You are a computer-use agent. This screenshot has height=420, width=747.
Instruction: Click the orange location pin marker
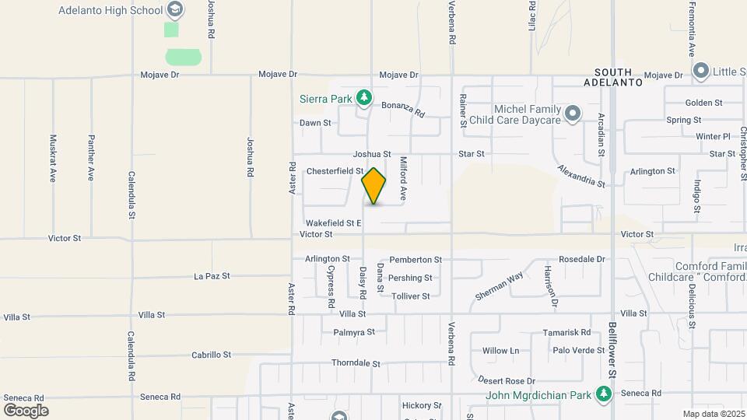[x=373, y=186]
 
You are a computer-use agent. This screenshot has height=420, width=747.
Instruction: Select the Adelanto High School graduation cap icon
[x=175, y=10]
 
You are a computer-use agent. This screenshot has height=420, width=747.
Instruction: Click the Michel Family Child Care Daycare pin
[x=573, y=114]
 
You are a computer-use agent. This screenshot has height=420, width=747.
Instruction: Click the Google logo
[x=26, y=410]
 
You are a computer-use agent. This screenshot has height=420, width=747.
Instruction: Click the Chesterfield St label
[x=335, y=171]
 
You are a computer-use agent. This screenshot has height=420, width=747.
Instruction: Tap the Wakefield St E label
[x=333, y=223]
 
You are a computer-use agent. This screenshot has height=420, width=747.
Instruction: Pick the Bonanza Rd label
[x=402, y=108]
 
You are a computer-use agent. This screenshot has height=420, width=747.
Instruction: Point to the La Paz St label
[x=212, y=276]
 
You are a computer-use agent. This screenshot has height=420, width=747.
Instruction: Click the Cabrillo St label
[x=211, y=355]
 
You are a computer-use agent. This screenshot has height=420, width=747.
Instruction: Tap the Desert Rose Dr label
[x=507, y=381]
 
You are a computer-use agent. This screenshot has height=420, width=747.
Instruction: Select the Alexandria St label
[x=581, y=176]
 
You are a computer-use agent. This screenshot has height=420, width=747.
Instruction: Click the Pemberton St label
[x=416, y=259]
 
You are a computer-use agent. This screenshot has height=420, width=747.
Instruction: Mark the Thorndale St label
[x=356, y=363]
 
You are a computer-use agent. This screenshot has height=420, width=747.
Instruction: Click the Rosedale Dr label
[x=581, y=259]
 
